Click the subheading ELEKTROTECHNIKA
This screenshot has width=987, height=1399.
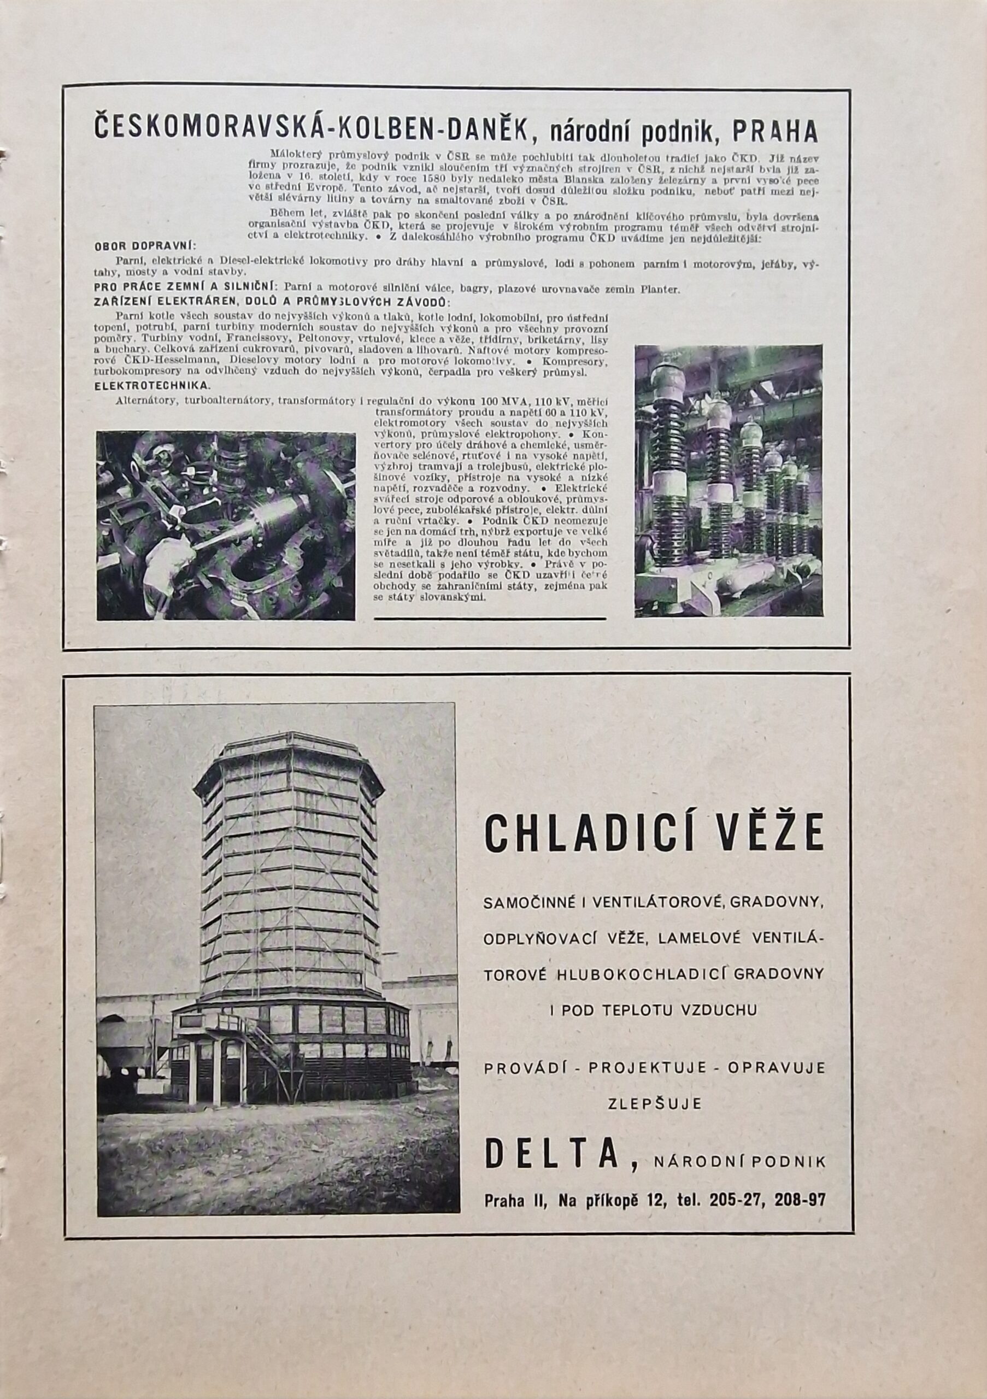[x=153, y=386]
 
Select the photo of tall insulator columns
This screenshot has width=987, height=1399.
[x=728, y=481]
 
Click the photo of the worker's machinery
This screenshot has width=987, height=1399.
[x=225, y=526]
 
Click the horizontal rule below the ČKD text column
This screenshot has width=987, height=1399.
[x=490, y=618]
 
